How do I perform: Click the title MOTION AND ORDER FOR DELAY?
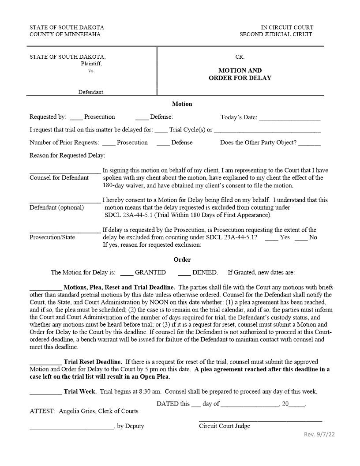click(x=240, y=74)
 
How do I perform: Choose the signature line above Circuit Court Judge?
click(x=260, y=421)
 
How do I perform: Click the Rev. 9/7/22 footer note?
click(x=319, y=435)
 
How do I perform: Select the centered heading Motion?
click(x=182, y=104)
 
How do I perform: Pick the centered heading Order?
click(x=182, y=259)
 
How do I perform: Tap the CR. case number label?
click(x=240, y=57)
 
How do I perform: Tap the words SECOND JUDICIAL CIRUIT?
click(x=276, y=34)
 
